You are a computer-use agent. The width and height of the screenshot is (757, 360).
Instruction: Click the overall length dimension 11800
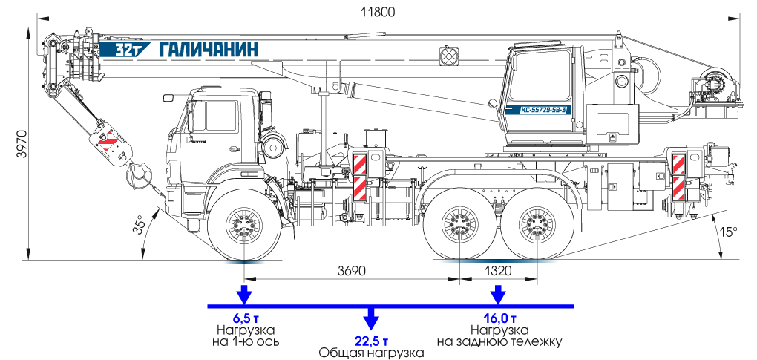coord(378,11)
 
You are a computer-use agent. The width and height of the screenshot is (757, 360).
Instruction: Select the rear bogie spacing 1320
coord(498,271)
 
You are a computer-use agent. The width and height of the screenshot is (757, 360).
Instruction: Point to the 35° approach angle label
coord(138,226)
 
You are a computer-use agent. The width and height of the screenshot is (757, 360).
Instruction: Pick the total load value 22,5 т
coord(370,341)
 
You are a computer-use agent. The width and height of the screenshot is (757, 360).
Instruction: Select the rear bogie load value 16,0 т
coord(499,318)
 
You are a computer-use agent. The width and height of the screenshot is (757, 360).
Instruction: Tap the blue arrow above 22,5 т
coord(370,320)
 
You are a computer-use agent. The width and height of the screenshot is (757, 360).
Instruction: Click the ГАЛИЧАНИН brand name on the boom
coord(209,50)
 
